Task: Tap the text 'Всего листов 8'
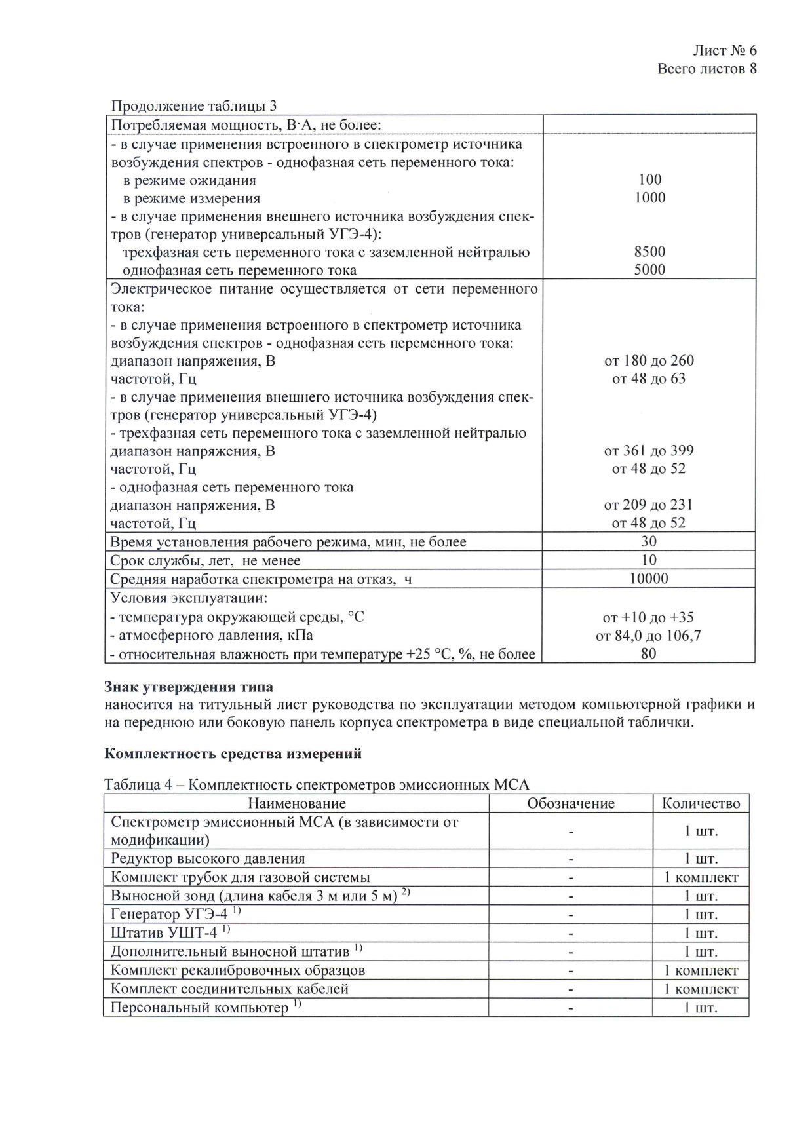point(706,69)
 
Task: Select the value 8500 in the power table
point(649,252)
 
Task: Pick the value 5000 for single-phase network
point(649,270)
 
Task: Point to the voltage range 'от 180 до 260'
point(649,360)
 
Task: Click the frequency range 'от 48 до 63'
point(649,379)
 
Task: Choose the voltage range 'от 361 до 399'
point(649,451)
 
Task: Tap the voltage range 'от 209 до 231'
point(649,505)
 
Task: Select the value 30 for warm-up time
point(649,541)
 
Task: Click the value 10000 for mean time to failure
point(649,578)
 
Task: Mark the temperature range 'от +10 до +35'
point(649,617)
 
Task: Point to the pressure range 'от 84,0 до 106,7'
point(649,636)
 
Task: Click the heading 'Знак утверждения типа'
point(189,687)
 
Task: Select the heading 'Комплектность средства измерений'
point(233,754)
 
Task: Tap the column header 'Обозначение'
point(571,803)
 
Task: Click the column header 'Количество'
point(701,803)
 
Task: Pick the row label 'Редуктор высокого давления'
point(208,858)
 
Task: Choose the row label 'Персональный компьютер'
point(199,1007)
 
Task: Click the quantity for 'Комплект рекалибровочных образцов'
point(701,970)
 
